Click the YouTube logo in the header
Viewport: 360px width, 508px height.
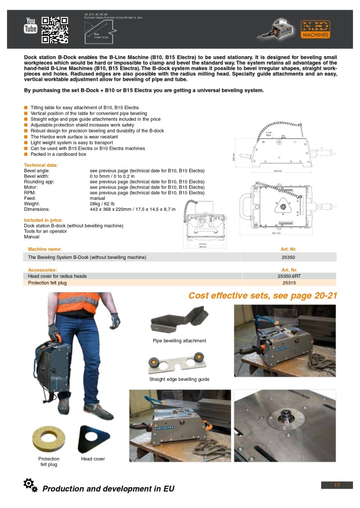pyautogui.click(x=31, y=25)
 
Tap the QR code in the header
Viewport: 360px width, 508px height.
pyautogui.click(x=54, y=30)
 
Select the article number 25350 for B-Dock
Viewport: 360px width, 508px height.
pyautogui.click(x=288, y=257)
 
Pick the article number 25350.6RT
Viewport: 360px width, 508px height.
pyautogui.click(x=288, y=276)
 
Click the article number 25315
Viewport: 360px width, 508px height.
pyautogui.click(x=288, y=283)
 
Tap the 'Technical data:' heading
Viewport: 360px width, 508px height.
pyautogui.click(x=41, y=165)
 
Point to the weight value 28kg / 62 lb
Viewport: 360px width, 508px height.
pyautogui.click(x=105, y=204)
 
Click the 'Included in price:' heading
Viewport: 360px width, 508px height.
pyautogui.click(x=43, y=220)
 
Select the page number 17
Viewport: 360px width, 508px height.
pyautogui.click(x=337, y=485)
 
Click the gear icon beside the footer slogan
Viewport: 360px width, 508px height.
pyautogui.click(x=30, y=485)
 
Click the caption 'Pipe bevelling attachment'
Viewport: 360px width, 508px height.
pyautogui.click(x=179, y=341)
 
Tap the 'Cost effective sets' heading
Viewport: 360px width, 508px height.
pyautogui.click(x=263, y=296)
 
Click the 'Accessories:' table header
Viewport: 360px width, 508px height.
pyautogui.click(x=42, y=269)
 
